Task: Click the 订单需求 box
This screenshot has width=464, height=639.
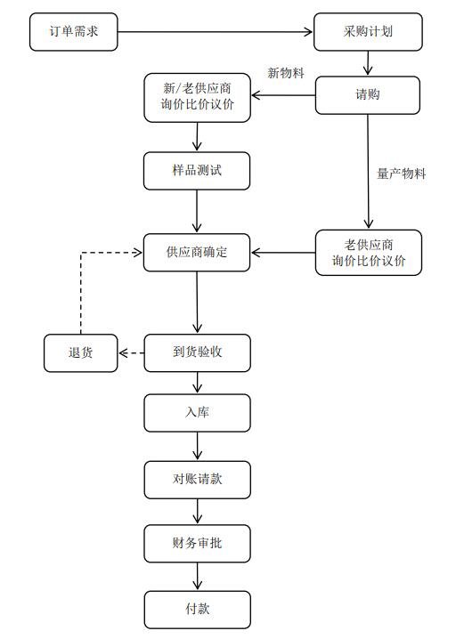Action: pos(72,32)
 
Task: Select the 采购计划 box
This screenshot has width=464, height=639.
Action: pos(368,32)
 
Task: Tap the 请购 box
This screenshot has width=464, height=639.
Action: pos(368,95)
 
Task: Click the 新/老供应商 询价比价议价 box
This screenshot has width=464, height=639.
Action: pos(197,98)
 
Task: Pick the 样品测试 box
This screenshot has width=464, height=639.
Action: pos(197,170)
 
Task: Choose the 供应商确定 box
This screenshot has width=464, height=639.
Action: pos(197,253)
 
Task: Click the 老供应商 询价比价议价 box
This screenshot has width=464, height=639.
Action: pos(368,253)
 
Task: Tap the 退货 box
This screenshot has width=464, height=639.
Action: pos(81,353)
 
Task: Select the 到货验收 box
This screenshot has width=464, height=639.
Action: pos(197,353)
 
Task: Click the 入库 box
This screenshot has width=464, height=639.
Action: pos(197,413)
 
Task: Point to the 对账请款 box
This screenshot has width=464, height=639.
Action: pos(197,480)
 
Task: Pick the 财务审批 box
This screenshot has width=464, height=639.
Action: pos(197,543)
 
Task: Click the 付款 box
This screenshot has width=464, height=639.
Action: pos(197,610)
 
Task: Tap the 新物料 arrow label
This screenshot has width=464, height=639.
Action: pos(286,73)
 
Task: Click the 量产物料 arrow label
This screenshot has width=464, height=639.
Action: pos(401,174)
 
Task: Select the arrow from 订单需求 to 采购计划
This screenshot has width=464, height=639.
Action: pos(216,32)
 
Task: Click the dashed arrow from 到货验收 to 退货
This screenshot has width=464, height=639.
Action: pos(131,353)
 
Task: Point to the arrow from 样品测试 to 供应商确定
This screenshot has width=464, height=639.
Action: pos(197,212)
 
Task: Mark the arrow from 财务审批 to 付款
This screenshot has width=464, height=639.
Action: pos(197,577)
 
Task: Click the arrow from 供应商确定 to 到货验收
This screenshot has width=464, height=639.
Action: pos(197,303)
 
